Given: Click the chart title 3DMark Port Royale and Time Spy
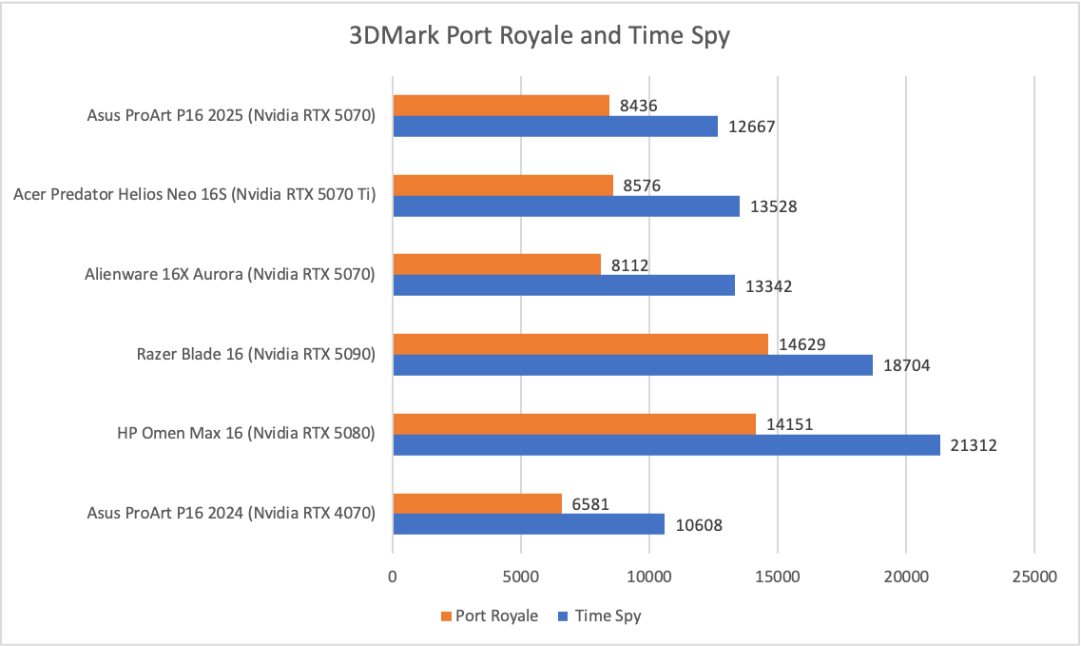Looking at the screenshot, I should (x=539, y=37).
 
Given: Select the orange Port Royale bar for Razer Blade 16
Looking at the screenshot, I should (x=580, y=344).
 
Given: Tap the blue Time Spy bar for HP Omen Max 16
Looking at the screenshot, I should (x=666, y=444).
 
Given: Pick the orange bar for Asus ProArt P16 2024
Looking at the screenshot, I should (x=477, y=503).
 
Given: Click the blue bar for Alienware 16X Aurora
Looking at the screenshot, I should (x=564, y=284).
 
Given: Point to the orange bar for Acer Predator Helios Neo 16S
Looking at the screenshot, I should (x=503, y=185).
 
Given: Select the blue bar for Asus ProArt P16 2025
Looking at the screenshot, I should (x=555, y=126).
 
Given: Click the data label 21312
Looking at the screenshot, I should (x=973, y=445).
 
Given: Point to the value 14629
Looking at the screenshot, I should (x=801, y=344).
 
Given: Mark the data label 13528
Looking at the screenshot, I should (x=772, y=206).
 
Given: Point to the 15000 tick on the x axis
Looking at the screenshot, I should (x=777, y=577).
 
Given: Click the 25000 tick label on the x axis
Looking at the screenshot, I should (x=1033, y=577).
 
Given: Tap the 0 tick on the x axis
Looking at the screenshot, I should (x=393, y=577).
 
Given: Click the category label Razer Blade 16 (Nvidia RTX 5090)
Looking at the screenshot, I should (x=257, y=355).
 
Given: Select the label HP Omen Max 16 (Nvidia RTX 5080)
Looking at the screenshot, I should (x=246, y=434).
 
